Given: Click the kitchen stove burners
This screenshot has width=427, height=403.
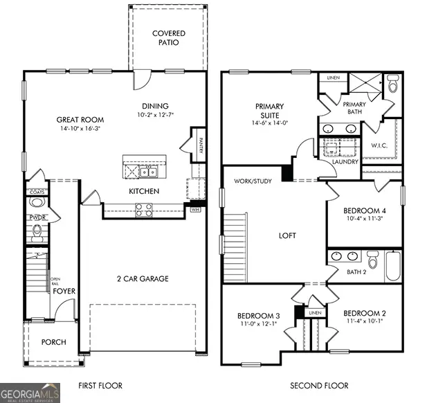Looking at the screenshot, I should pyautogui.click(x=143, y=208).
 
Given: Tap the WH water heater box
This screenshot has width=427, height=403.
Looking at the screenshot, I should pyautogui.click(x=194, y=208).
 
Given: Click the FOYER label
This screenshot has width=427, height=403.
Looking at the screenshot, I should pyautogui.click(x=64, y=292).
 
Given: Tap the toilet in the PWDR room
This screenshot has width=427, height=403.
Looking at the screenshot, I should pyautogui.click(x=37, y=203).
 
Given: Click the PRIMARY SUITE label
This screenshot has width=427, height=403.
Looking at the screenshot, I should pyautogui.click(x=269, y=111).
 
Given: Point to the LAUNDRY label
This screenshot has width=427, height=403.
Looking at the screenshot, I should pyautogui.click(x=345, y=162).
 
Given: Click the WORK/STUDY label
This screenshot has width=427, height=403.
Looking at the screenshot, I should pyautogui.click(x=253, y=181).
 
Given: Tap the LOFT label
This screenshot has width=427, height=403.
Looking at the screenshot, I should pyautogui.click(x=287, y=235).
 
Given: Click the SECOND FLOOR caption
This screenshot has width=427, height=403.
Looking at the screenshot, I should pyautogui.click(x=319, y=386).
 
